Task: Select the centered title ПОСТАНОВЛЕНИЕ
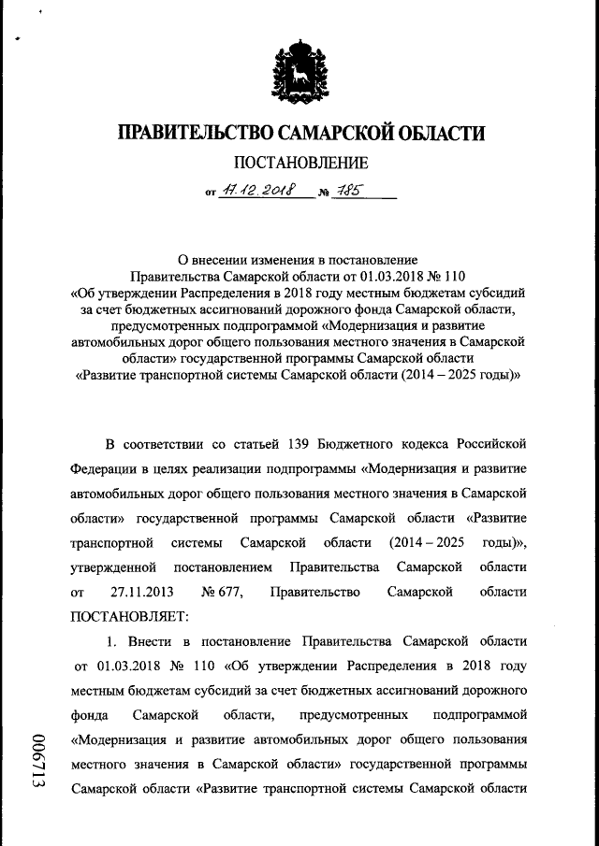click(x=299, y=165)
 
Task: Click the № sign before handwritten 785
click(x=324, y=194)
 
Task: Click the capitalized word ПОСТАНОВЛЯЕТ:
click(x=129, y=618)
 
